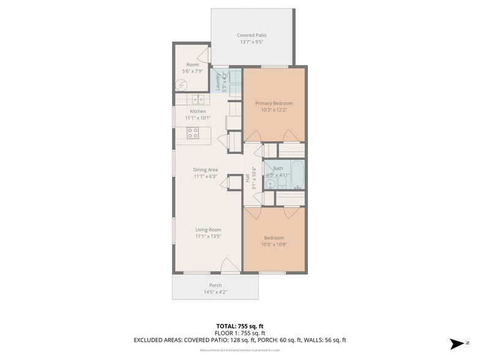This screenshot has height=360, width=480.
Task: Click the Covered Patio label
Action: tap(252, 36)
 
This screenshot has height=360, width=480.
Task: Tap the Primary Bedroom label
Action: tap(274, 103)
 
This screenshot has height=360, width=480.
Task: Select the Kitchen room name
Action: tap(198, 111)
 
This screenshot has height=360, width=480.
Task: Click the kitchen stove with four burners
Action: tap(192, 133)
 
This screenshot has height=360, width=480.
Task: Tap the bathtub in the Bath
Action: tap(296, 175)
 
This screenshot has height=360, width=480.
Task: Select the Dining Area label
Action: tap(205, 170)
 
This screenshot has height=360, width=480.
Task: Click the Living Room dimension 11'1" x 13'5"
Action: tap(208, 236)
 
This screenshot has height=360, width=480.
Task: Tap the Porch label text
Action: tap(215, 285)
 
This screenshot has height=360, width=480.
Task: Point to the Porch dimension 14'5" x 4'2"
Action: tap(215, 292)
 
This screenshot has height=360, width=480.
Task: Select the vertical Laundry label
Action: tap(218, 82)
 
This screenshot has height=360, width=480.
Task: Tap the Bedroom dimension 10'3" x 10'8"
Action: tap(274, 244)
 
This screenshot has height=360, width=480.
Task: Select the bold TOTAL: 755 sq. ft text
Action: tap(239, 326)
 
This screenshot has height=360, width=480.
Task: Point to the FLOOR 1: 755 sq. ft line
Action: tap(239, 332)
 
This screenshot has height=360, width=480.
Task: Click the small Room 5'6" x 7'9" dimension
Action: tap(193, 71)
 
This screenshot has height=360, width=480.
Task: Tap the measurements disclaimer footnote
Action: tap(239, 350)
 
